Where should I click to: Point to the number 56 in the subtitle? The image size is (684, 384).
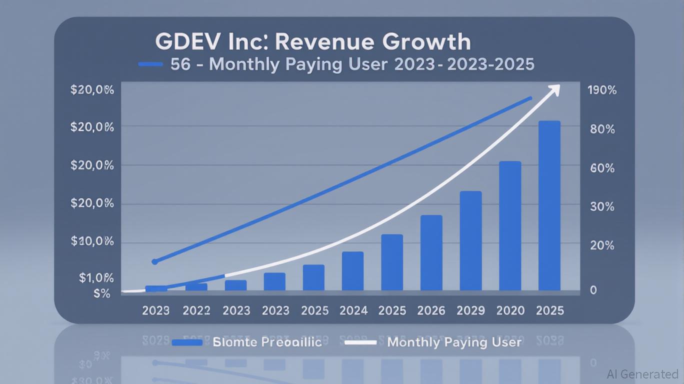pos(180,64)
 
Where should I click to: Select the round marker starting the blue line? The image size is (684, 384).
pos(154,261)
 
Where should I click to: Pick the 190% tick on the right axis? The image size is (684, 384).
pos(602,90)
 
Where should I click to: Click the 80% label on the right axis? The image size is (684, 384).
pos(602,129)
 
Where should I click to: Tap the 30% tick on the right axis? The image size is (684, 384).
pos(602,206)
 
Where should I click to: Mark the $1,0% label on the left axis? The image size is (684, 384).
pos(96,278)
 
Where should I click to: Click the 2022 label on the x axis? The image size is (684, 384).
pos(196,310)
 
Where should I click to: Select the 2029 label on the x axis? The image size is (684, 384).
pos(470,310)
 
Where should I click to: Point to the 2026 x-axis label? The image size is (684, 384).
pos(431,310)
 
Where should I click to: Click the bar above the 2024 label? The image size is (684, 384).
pos(352,271)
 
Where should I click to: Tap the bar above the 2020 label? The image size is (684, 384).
pos(510,226)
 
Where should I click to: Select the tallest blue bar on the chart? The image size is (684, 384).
pos(549,205)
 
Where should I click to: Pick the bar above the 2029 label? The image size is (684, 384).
pos(470,241)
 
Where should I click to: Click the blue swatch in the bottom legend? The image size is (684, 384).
pos(187,342)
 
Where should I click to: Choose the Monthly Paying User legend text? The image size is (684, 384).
pos(454,342)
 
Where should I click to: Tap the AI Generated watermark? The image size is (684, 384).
pos(642,374)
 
